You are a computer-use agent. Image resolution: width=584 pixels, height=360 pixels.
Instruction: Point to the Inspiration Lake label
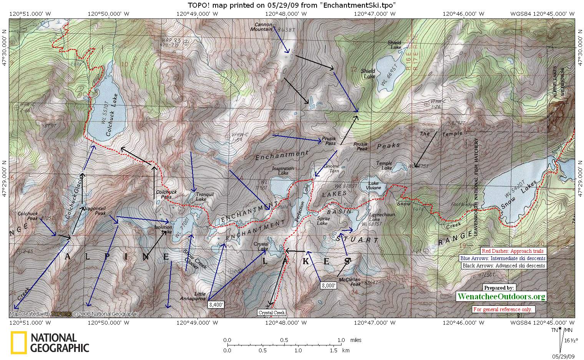coord(283,171)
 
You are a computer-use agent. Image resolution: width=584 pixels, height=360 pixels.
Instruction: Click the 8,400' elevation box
coord(215,305)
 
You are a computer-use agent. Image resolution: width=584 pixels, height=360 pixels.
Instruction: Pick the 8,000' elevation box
coord(329,285)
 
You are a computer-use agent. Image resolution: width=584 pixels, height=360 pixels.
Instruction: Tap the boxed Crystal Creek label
coord(271,313)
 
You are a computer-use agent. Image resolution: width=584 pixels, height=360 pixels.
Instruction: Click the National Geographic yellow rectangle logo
coord(18,342)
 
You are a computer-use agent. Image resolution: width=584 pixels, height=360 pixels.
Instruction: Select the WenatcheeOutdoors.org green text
coord(501,296)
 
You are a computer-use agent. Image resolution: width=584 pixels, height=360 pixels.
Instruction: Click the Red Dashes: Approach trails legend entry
coord(512,251)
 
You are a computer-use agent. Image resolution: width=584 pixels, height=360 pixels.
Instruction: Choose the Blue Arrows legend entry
coord(503,258)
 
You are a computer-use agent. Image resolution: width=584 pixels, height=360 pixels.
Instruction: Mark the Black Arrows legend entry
coord(504,265)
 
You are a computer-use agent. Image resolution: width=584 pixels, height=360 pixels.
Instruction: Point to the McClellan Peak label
coord(350,282)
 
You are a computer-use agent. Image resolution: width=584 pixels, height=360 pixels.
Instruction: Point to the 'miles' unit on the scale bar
coord(356,340)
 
